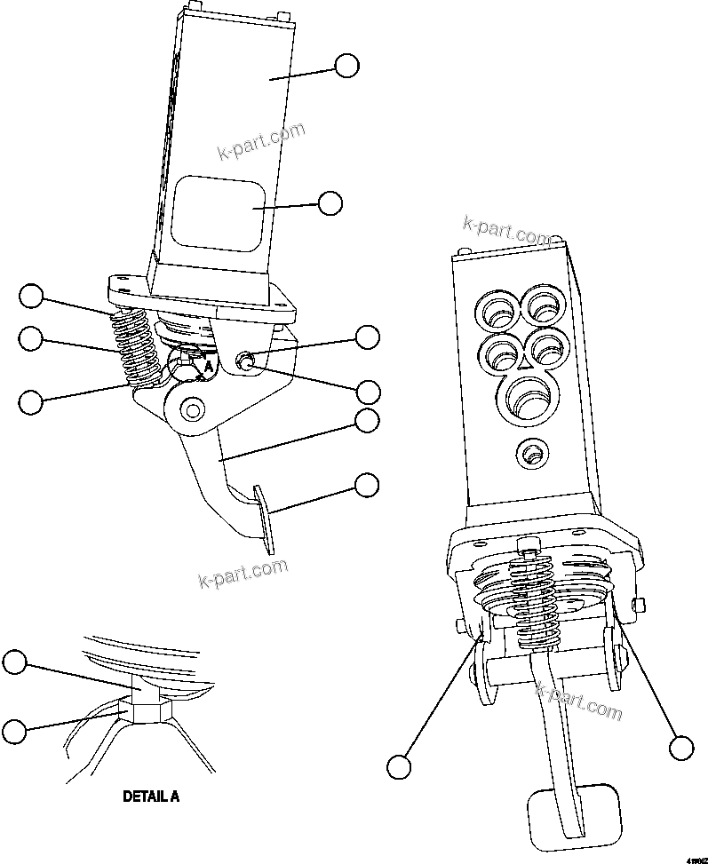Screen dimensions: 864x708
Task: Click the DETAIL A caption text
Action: tap(150, 797)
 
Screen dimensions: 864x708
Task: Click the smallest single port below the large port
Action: tap(532, 455)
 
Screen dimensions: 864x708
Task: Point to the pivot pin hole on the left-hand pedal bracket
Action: tap(193, 410)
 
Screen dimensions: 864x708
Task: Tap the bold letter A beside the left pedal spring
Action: tap(208, 364)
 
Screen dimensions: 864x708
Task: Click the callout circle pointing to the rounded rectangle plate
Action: tap(330, 202)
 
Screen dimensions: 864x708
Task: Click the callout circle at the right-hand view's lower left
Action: tap(400, 765)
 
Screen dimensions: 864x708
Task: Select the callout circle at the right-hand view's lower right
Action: tap(681, 748)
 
